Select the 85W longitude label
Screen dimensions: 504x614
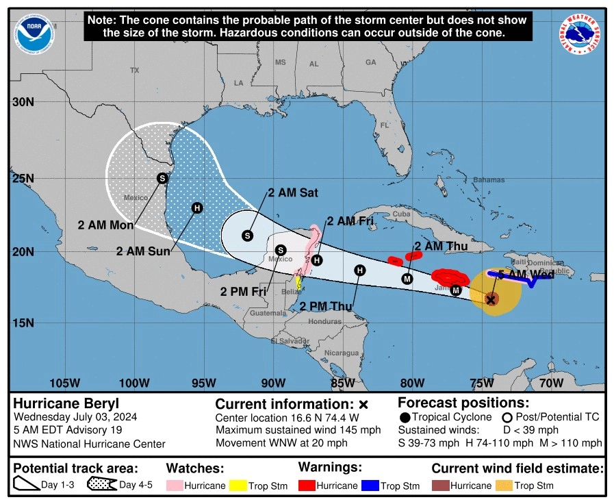342,382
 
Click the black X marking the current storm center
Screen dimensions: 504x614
491,299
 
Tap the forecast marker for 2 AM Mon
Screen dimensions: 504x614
162,178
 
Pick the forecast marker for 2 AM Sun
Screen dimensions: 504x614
197,208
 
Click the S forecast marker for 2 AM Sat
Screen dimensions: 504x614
248,236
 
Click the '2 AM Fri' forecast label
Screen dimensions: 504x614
350,220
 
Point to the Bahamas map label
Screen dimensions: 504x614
489,179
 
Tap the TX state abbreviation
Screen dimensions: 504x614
135,71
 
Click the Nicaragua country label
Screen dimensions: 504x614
342,353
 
